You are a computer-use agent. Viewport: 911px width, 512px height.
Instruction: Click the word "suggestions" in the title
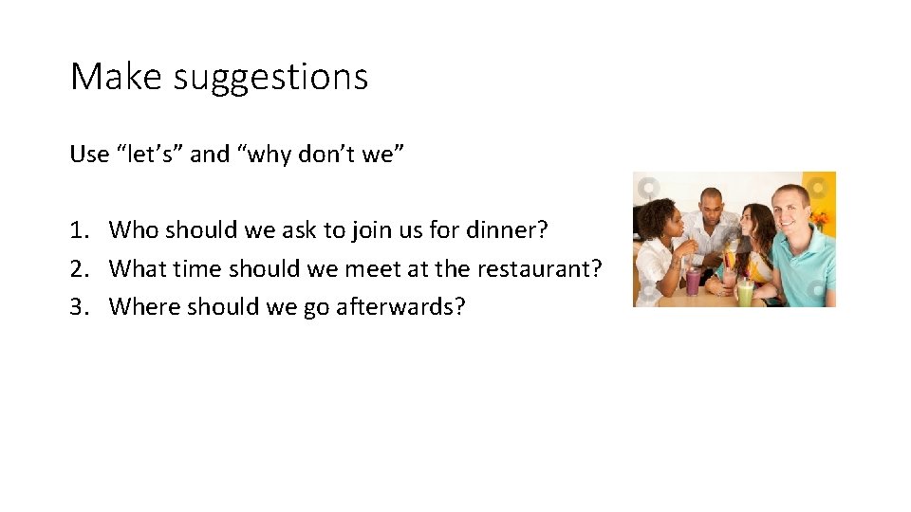click(270, 77)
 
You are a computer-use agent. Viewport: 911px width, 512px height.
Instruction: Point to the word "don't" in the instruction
click(326, 155)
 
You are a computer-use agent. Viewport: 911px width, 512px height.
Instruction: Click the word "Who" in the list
click(134, 229)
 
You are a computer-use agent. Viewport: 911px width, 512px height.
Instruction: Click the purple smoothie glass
click(694, 281)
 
